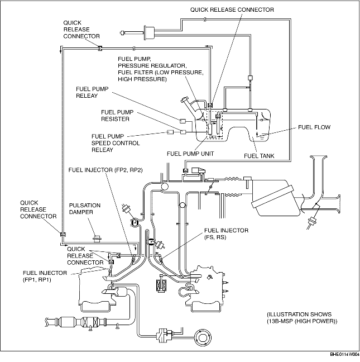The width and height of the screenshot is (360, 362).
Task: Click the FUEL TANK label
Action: pos(259,156)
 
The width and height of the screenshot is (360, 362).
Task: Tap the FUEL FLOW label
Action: pos(314,127)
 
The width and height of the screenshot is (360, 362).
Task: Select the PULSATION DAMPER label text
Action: pos(85,209)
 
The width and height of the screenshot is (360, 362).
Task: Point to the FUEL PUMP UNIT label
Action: pos(190,154)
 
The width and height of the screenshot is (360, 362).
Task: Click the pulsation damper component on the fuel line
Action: pos(97,239)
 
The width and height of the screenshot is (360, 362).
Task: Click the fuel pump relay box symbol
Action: pos(183,121)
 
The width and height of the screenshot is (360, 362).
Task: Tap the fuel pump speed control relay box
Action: pos(170,132)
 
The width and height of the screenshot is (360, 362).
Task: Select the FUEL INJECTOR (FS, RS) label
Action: pos(226,234)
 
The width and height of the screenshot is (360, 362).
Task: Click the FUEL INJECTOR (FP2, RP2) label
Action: pos(105,170)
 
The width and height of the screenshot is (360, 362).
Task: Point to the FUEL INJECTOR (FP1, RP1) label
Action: pos(45,277)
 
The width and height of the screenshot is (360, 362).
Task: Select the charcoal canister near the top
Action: pos(149,34)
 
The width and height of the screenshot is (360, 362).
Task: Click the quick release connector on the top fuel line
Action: pos(100,48)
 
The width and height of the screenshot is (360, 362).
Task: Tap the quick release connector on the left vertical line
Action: pos(63,234)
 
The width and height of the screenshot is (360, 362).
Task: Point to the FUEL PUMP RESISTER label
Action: pos(117,116)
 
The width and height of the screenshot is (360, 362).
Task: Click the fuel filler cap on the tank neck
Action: pos(185,100)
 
